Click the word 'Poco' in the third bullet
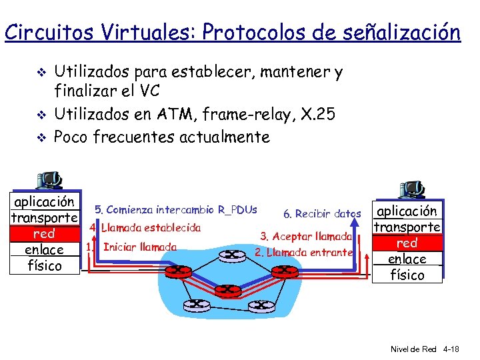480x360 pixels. point(71,137)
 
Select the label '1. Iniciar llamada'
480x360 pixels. point(131,247)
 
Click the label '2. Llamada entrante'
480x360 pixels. point(303,252)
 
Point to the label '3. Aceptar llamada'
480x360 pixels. point(306,236)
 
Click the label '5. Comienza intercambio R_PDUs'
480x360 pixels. point(175,209)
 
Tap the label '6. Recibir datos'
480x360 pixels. point(322,214)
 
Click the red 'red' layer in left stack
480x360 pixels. point(44,234)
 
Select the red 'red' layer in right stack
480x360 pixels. point(407,243)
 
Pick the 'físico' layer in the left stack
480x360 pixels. point(44,266)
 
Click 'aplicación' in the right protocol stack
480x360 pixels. point(407,211)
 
